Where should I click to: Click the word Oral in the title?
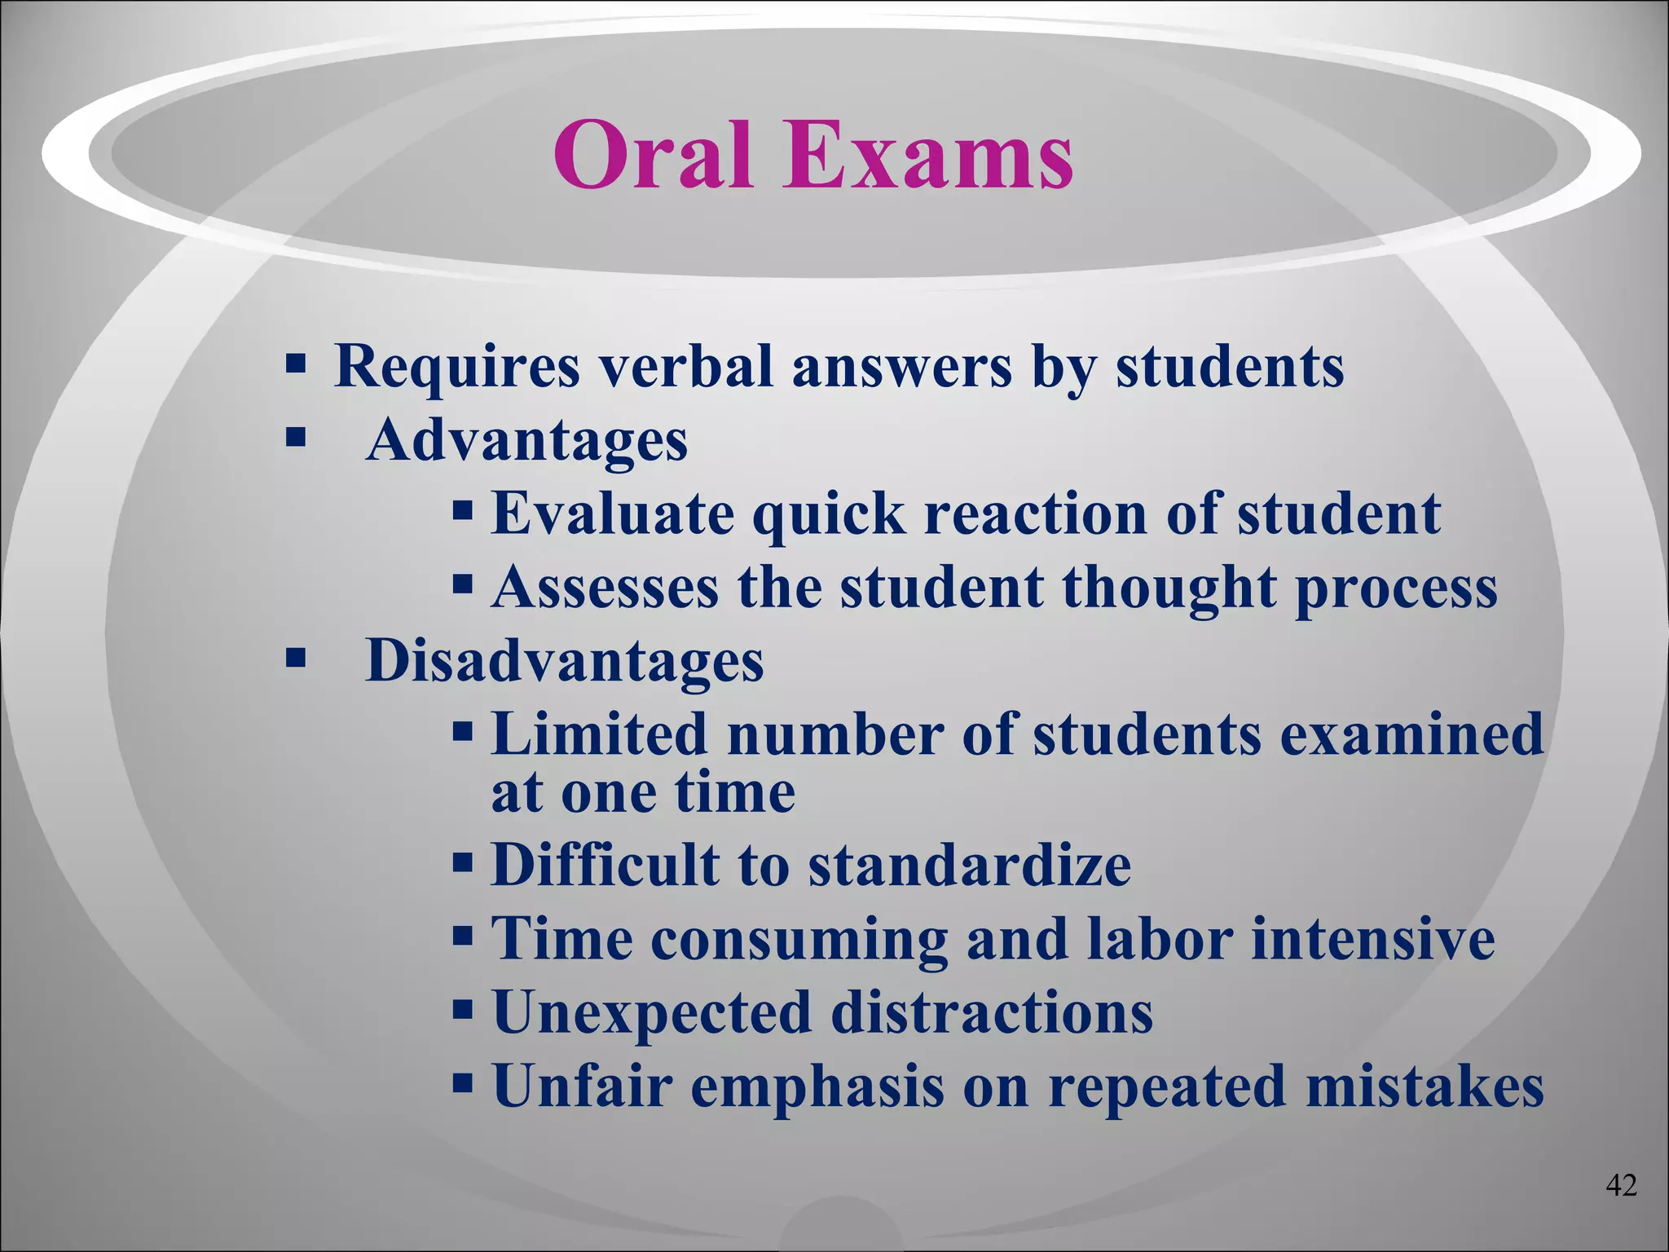click(x=652, y=155)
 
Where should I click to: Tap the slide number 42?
click(x=1621, y=1185)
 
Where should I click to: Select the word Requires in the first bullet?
click(x=456, y=367)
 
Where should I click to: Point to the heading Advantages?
click(x=526, y=440)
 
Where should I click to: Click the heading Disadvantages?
click(x=564, y=660)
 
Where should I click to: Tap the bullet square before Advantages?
click(x=295, y=439)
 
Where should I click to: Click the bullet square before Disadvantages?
click(x=295, y=657)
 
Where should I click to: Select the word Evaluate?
click(x=612, y=514)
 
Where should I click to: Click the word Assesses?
click(x=606, y=587)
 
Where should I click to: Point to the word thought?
click(x=1169, y=587)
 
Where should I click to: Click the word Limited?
click(x=599, y=734)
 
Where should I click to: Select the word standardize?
click(x=970, y=866)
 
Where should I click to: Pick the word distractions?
click(x=992, y=1012)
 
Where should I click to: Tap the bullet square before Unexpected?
click(x=463, y=1011)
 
